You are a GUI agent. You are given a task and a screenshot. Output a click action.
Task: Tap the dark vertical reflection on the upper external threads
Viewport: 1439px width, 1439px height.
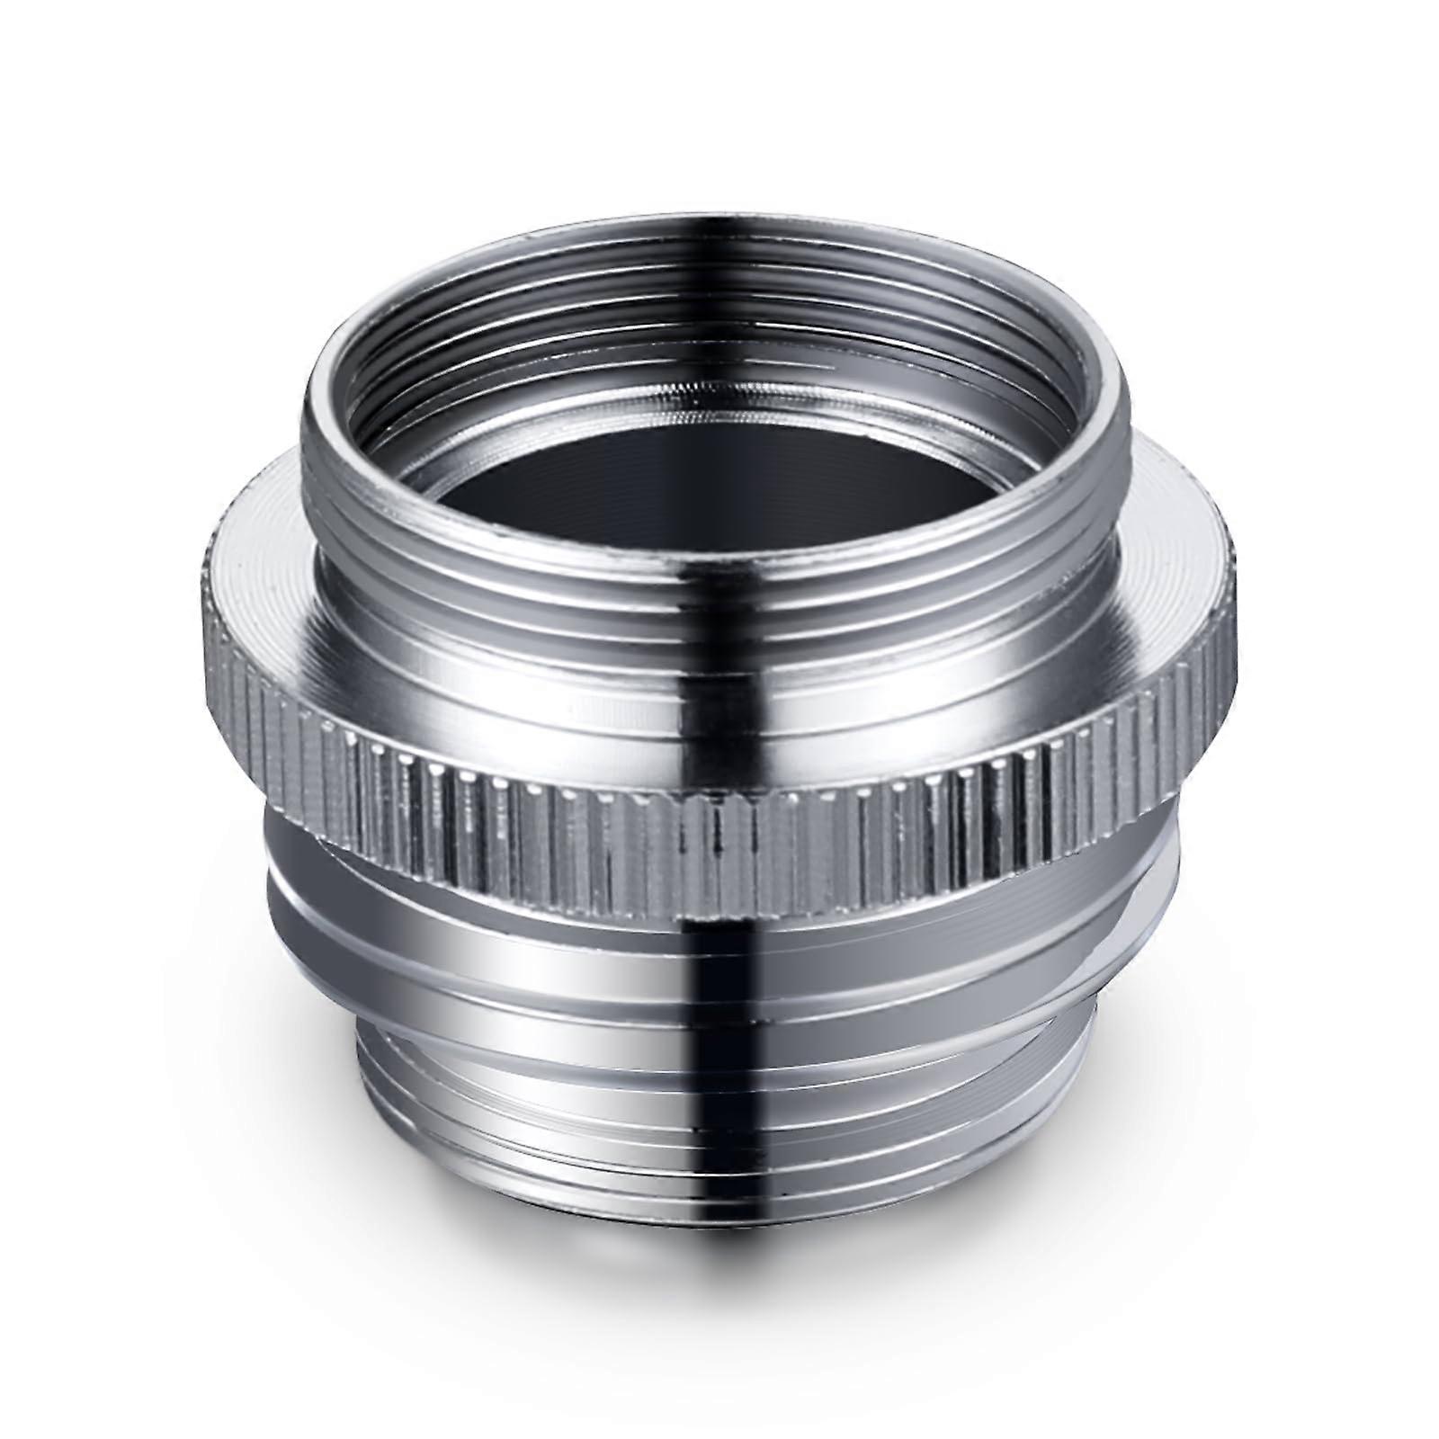pyautogui.click(x=711, y=612)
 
